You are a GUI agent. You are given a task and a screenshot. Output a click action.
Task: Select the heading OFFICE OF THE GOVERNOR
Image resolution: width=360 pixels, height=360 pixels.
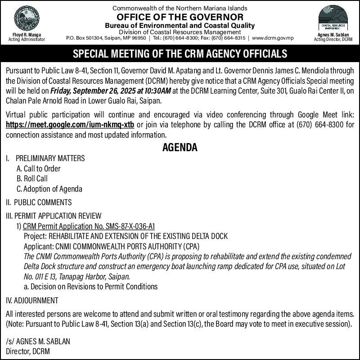point(180,17)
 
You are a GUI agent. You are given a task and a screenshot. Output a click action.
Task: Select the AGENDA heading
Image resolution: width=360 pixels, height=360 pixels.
point(180,147)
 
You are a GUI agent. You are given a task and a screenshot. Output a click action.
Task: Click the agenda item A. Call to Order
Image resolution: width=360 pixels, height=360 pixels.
point(38,169)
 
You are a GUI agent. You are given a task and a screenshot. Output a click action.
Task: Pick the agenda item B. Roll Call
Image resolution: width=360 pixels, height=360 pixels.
point(32,179)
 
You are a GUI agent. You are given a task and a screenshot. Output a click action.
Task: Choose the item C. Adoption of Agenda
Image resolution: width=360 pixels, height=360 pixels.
point(49,189)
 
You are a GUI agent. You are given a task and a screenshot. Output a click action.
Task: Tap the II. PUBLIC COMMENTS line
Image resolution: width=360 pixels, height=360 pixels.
point(39,202)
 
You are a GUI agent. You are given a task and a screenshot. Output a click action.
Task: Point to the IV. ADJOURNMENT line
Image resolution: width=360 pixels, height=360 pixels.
point(32,300)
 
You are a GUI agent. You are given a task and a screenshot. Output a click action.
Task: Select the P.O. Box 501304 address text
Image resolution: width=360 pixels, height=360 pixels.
point(84,38)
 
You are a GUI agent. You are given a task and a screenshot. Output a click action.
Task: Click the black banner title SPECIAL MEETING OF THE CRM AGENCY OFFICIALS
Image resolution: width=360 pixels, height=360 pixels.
point(180,54)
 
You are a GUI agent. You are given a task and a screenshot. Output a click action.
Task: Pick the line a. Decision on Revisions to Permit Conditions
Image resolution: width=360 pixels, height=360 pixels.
point(90,286)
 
